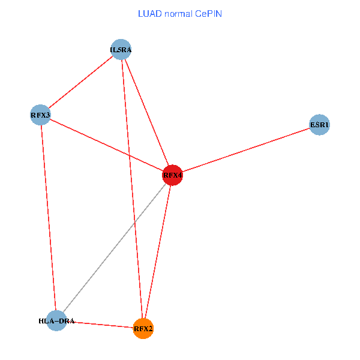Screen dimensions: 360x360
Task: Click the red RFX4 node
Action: [x=172, y=175]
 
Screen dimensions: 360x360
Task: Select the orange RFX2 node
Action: [x=143, y=328]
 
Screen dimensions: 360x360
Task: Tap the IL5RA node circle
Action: [x=121, y=49]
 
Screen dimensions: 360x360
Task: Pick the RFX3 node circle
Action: [x=40, y=114]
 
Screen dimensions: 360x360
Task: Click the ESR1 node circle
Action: [x=319, y=125]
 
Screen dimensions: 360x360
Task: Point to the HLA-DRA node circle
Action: [x=56, y=321]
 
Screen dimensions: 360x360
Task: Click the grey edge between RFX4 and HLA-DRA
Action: [x=114, y=248]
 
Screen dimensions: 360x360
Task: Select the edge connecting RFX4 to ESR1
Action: [x=246, y=150]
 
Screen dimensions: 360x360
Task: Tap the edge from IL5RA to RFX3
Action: [x=81, y=82]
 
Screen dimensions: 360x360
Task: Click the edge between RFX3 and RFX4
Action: [x=106, y=145]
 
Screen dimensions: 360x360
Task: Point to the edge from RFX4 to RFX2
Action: [x=158, y=252]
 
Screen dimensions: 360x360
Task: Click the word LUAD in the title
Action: [x=149, y=13]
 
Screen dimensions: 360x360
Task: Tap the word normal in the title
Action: [x=179, y=13]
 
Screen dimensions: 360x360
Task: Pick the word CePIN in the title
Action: [x=209, y=13]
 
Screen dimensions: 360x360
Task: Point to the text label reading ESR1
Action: [x=319, y=125]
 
